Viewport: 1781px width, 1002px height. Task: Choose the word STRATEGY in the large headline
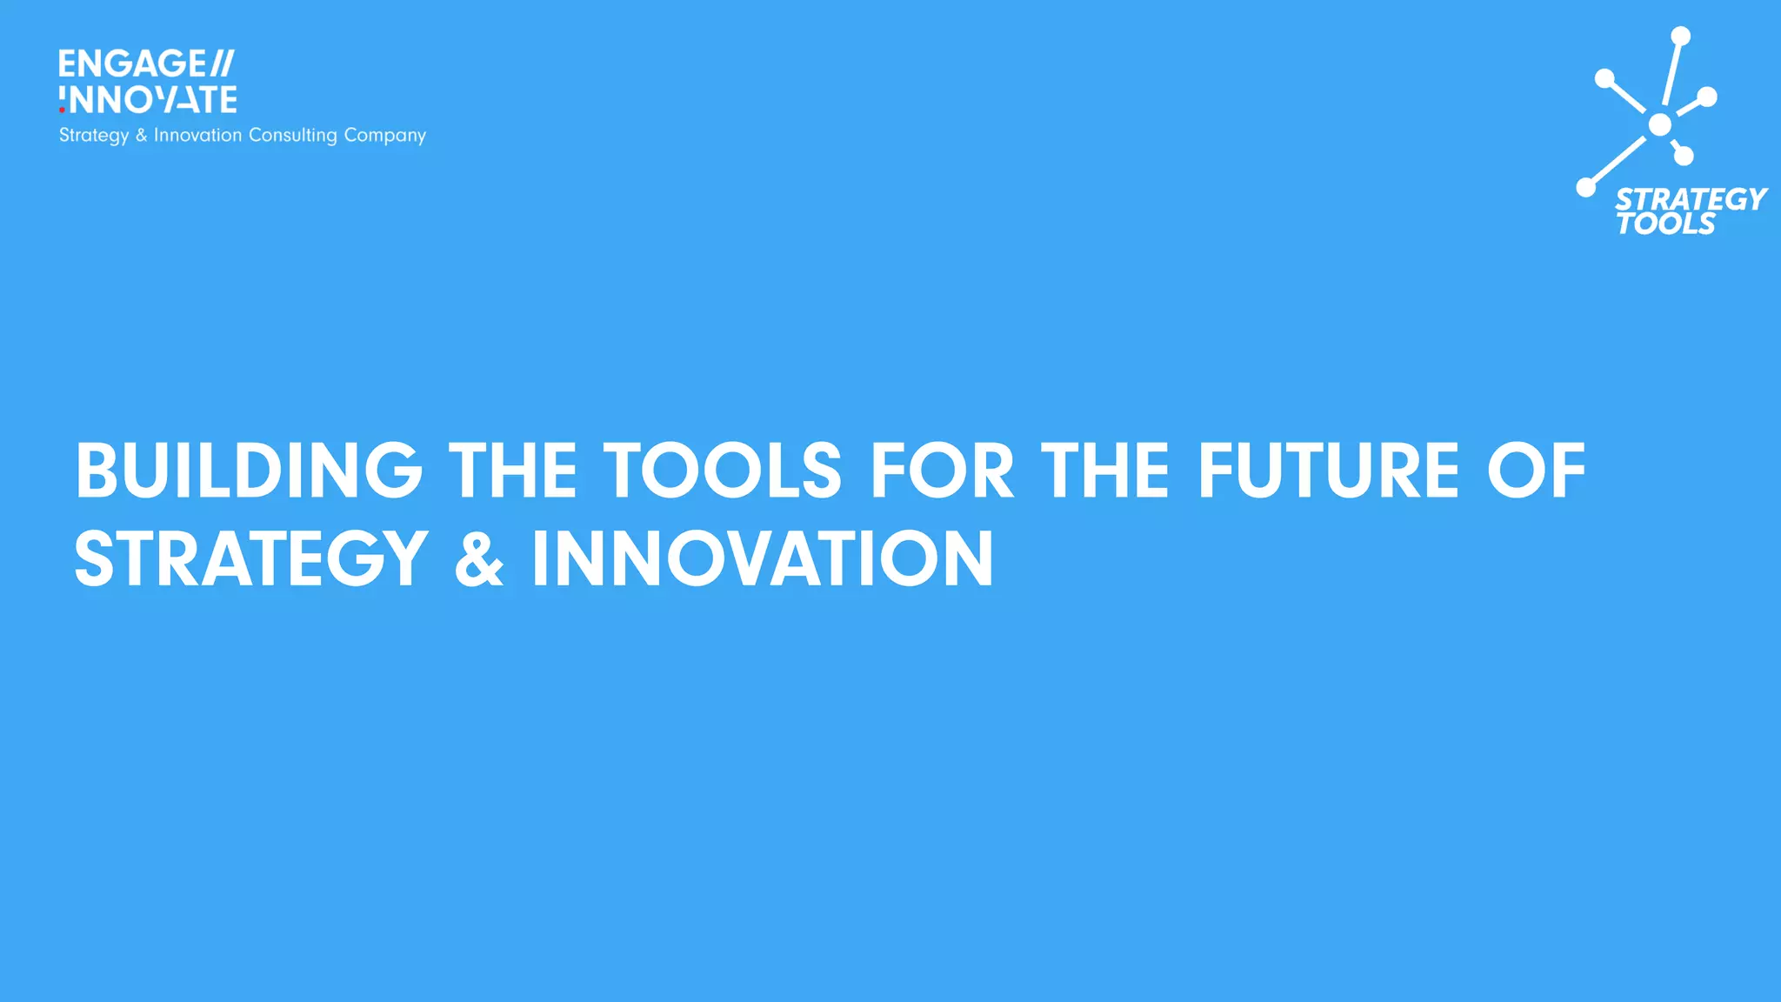251,559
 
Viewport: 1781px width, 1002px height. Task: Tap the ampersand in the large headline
479,559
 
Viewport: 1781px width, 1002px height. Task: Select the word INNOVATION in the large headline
763,559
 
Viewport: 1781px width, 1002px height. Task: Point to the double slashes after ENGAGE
222,63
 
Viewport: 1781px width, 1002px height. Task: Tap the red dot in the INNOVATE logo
62,110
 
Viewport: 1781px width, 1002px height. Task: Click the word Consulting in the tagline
292,136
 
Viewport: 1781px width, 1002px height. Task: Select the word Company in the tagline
385,136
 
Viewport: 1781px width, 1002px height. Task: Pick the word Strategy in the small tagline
94,136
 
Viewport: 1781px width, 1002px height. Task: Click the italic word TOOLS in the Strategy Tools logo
1665,224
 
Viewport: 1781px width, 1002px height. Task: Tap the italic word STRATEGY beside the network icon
1691,199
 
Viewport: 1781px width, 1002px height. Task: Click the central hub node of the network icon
1660,125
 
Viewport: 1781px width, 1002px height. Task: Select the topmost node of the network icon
1681,36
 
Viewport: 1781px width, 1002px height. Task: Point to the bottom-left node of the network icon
1586,187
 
